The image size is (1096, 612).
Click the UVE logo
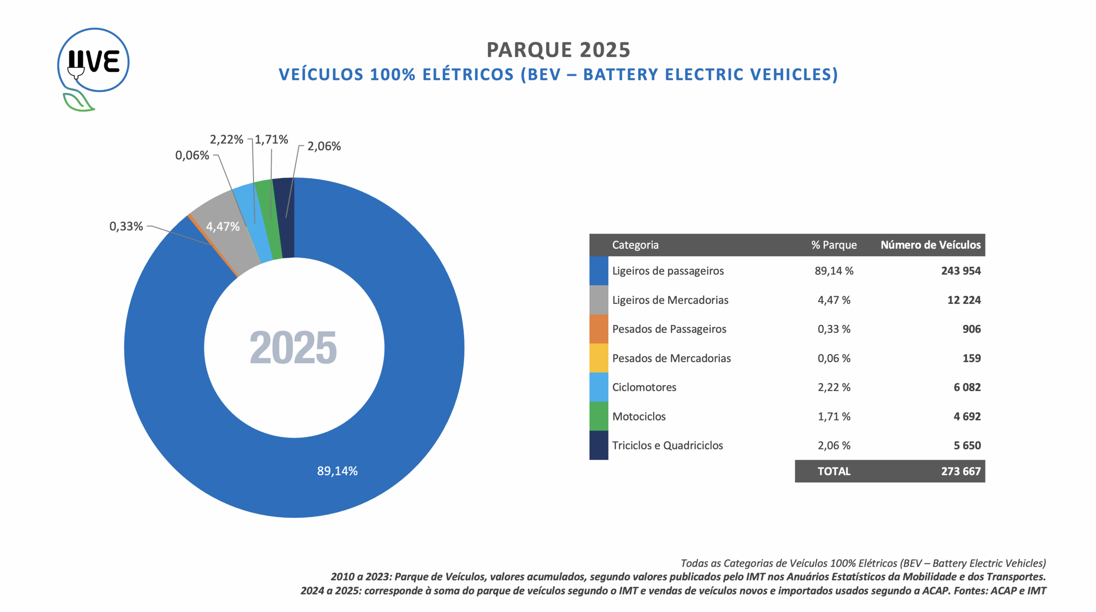pos(93,64)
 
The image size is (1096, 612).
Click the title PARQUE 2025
pos(558,50)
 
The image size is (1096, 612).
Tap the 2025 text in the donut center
pos(293,348)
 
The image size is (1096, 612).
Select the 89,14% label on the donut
pos(337,471)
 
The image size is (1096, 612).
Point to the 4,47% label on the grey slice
pos(223,226)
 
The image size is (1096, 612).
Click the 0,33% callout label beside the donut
pos(126,226)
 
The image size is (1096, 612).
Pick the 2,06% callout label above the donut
pos(324,146)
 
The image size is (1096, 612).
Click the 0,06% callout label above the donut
pos(192,155)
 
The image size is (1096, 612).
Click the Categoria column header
pos(635,245)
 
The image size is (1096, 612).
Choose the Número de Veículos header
pos(930,245)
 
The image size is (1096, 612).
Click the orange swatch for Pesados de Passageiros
pos(599,329)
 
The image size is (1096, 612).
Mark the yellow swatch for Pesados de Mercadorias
pos(599,358)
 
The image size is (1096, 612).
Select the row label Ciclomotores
pos(644,387)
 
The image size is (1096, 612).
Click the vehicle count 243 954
pos(960,271)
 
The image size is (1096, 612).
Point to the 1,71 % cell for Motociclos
pos(834,416)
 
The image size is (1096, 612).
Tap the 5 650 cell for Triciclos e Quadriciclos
pos(967,446)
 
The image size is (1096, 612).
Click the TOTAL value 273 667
pos(960,471)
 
